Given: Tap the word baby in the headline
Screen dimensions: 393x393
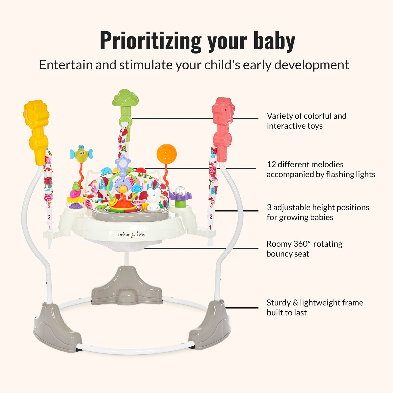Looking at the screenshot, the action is (274, 41).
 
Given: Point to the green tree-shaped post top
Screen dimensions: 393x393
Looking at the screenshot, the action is (125, 98).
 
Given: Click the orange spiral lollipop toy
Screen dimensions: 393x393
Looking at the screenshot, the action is (167, 154).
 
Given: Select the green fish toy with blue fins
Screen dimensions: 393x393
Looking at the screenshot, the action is (81, 154).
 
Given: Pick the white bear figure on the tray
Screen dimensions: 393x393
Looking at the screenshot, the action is (154, 199).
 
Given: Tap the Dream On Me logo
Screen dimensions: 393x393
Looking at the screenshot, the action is (131, 234).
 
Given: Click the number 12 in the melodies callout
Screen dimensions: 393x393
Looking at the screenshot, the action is (271, 164).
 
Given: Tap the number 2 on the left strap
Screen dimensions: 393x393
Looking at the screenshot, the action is (49, 217).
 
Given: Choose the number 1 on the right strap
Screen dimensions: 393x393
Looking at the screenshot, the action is (210, 227).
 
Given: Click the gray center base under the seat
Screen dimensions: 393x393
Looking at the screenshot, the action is (127, 286).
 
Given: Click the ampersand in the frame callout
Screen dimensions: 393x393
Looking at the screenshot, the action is (295, 303).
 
